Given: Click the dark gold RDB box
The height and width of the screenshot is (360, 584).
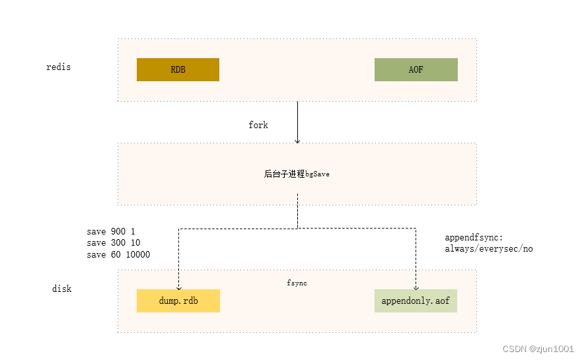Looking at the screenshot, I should (x=178, y=69).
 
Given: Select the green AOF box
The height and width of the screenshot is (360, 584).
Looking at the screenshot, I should (x=416, y=69).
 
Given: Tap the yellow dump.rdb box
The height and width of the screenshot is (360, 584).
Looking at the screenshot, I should (x=178, y=301).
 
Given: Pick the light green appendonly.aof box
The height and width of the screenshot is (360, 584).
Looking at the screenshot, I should (x=416, y=301).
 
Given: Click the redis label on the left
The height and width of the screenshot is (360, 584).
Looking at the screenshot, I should (x=58, y=67).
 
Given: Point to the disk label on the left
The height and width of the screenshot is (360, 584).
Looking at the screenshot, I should (x=61, y=289).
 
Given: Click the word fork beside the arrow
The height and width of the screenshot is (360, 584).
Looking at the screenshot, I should (x=258, y=125).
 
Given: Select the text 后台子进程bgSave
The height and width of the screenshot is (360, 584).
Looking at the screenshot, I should (x=297, y=174).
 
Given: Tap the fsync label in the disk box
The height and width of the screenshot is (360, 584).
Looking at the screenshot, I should (x=297, y=283).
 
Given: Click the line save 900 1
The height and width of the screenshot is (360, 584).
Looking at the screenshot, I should (x=110, y=232).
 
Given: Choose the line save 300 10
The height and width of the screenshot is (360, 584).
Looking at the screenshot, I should (x=113, y=243).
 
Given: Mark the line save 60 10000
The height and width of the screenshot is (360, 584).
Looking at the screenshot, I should (x=118, y=254).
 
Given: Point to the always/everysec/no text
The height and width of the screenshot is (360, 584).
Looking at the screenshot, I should (x=489, y=249).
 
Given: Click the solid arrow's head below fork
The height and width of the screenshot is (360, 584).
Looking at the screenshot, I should (x=297, y=141).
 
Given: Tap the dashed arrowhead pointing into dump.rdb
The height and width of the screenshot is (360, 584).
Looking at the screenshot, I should (x=178, y=287).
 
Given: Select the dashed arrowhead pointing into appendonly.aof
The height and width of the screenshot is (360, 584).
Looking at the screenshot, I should (x=416, y=287).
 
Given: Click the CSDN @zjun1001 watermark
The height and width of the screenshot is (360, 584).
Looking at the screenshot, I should (x=538, y=349).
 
